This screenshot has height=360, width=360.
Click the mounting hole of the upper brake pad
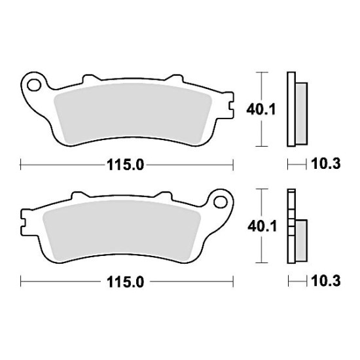(x=34, y=85)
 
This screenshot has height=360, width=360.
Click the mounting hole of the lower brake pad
(x=220, y=202)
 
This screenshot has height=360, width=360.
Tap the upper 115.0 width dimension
(x=125, y=165)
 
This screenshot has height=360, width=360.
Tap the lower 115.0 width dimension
(x=125, y=282)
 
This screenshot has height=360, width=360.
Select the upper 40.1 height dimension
(x=261, y=110)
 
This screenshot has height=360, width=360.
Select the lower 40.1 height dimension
(x=262, y=226)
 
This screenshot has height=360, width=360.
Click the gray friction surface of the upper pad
(x=133, y=114)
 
